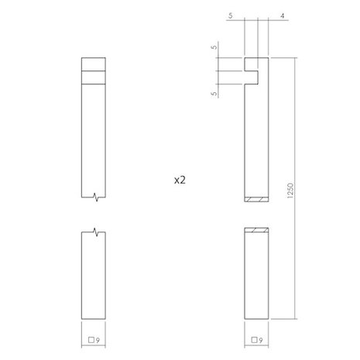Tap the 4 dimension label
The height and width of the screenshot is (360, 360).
coord(284,15)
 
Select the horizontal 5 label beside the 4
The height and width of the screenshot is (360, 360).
coord(231,15)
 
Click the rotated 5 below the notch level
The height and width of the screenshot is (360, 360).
coord(214,93)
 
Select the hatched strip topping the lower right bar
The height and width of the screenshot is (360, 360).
coord(256,230)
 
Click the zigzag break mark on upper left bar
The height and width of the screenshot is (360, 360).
coord(94,198)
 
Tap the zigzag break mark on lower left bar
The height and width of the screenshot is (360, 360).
coord(94,231)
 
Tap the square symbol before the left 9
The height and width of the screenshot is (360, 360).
coord(91,339)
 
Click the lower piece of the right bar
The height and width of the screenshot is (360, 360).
coord(256,279)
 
